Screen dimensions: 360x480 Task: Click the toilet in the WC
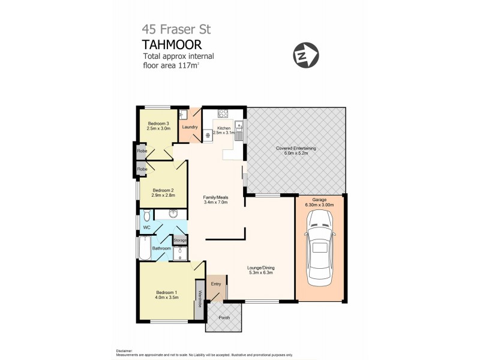[146, 217]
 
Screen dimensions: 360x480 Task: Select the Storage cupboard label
[180, 240]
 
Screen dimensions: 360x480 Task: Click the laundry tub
[184, 114]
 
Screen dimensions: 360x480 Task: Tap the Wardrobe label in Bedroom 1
[199, 296]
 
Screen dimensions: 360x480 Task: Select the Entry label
[216, 284]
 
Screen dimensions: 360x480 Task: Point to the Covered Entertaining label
[296, 148]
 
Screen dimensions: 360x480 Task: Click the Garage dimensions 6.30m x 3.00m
[319, 205]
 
